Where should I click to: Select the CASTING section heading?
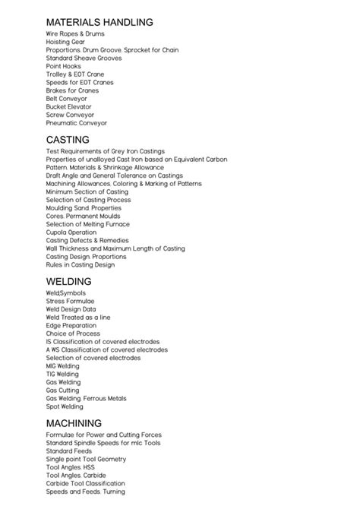pyautogui.click(x=68, y=140)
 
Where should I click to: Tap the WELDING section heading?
pyautogui.click(x=68, y=281)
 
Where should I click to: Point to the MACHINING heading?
pyautogui.click(x=74, y=422)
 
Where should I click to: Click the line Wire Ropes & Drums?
pyautogui.click(x=75, y=34)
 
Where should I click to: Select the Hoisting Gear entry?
pyautogui.click(x=65, y=42)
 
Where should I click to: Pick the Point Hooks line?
pyautogui.click(x=62, y=66)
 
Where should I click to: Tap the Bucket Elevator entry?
pyautogui.click(x=68, y=106)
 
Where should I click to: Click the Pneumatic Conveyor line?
pyautogui.click(x=76, y=123)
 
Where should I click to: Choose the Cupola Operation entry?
pyautogui.click(x=71, y=232)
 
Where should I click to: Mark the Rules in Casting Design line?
pyautogui.click(x=80, y=265)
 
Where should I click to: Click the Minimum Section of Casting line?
pyautogui.click(x=87, y=191)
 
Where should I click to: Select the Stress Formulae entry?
pyautogui.click(x=70, y=301)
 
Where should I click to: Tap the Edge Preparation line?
pyautogui.click(x=71, y=325)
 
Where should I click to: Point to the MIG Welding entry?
pyautogui.click(x=62, y=365)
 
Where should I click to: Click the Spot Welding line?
pyautogui.click(x=65, y=406)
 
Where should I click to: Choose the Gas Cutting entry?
pyautogui.click(x=62, y=390)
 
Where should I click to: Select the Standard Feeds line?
pyautogui.click(x=68, y=451)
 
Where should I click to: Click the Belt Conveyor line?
pyautogui.click(x=66, y=99)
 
